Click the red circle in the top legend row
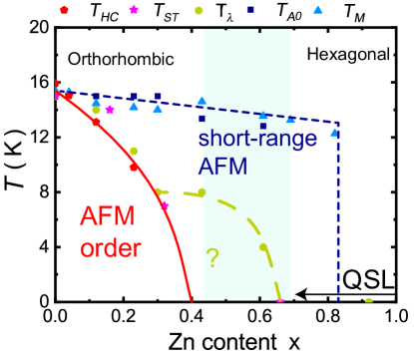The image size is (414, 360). coord(64,10)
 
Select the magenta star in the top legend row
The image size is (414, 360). coord(134,10)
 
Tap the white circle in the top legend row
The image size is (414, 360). coord(190,10)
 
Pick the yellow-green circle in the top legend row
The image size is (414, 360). coord(199,10)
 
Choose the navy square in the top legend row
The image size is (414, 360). coord(250,10)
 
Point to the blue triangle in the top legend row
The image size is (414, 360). coord(317,10)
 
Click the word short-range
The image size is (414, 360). coord(257,139)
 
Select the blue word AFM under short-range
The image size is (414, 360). coord(222,166)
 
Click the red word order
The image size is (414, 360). coord(111,246)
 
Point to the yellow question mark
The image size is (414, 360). coord(211,257)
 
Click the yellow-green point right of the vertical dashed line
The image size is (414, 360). coord(368,300)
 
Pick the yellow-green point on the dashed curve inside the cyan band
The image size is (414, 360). coord(263,246)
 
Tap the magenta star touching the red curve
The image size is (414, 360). coord(165,205)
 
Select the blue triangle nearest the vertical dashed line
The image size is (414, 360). coord(333,131)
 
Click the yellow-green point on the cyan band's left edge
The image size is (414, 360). coord(202,191)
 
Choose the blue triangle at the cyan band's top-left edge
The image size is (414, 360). coord(202,100)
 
